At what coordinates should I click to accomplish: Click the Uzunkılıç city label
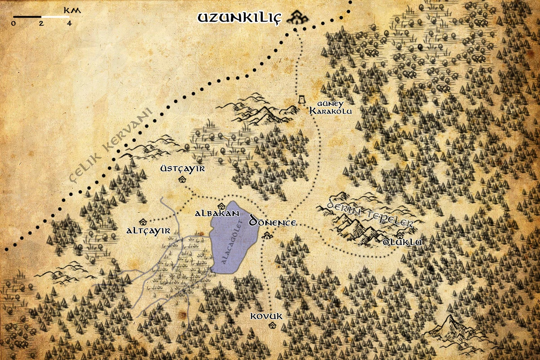point(239,18)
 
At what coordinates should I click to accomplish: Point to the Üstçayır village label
point(183,169)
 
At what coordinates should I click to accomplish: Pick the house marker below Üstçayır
point(182,180)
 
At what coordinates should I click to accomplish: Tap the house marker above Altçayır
point(143,221)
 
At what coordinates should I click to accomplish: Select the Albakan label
point(216,213)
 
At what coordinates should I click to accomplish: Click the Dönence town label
point(272,222)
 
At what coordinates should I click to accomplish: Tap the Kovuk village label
point(267,316)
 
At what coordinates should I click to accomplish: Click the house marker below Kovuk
point(271,325)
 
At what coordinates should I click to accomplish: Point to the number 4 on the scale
point(69,24)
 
